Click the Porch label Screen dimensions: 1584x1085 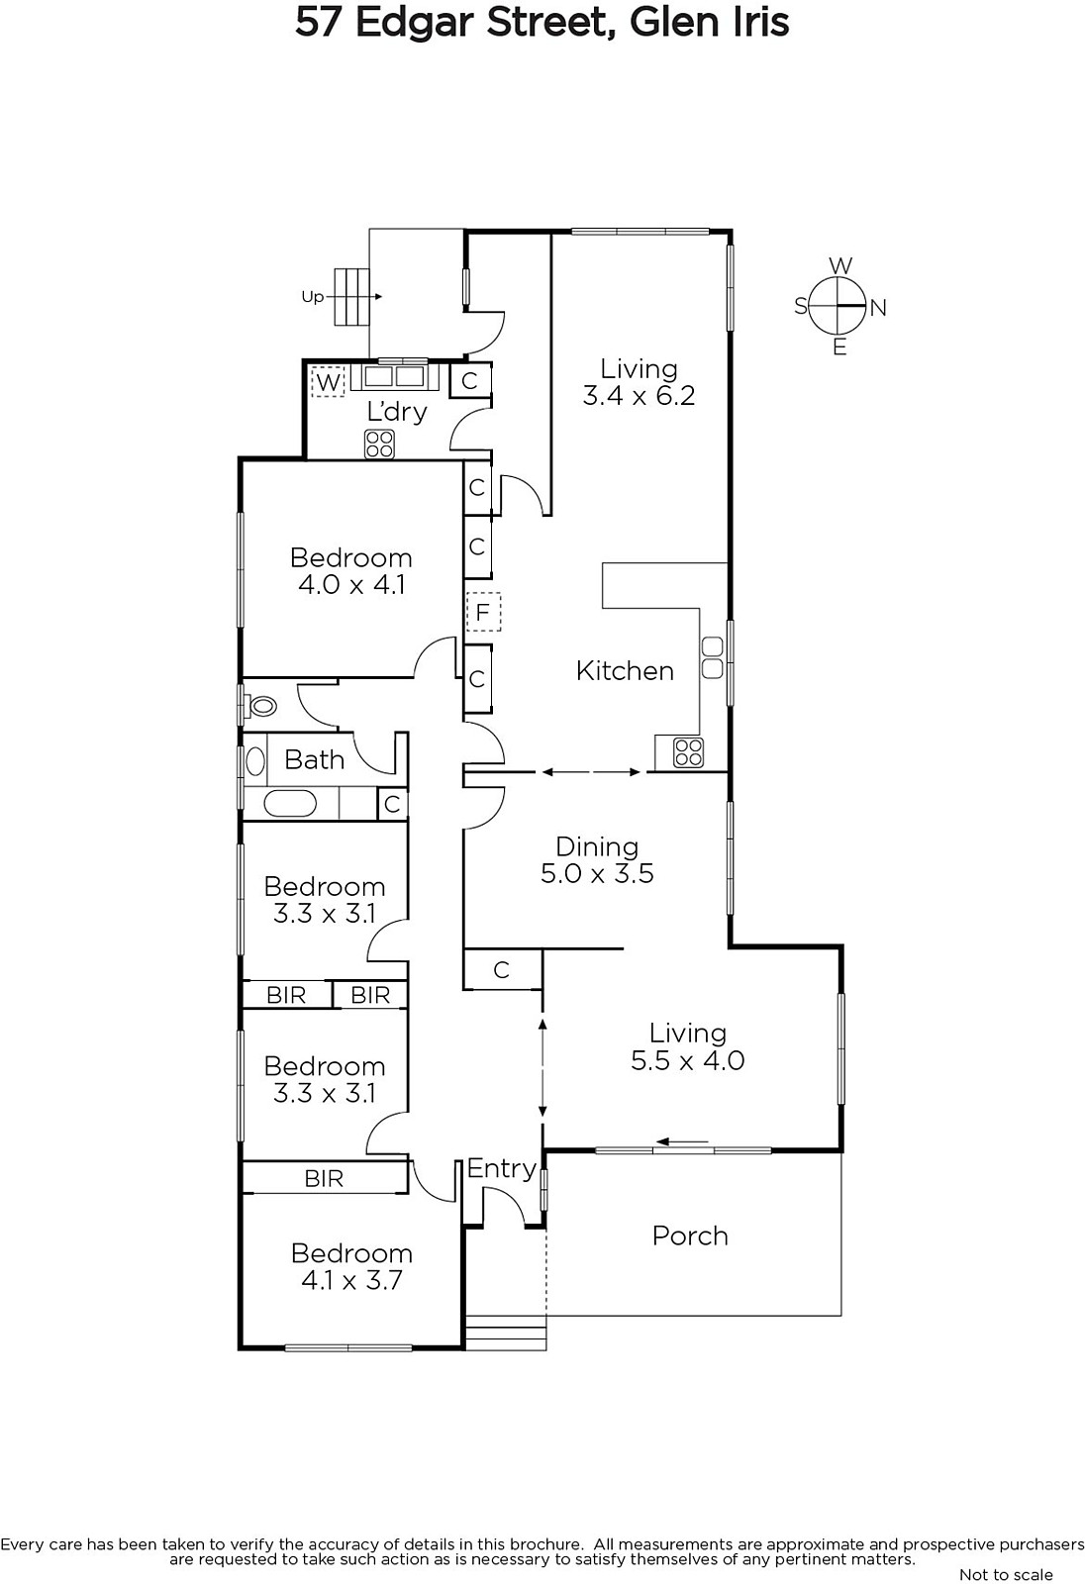(x=690, y=1236)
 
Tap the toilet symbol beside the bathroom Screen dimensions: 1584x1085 (x=261, y=706)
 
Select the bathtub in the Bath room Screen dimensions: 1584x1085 (x=290, y=803)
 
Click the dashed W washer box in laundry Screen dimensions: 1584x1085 (x=328, y=381)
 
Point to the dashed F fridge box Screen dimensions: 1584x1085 (x=483, y=612)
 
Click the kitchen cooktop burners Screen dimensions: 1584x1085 (x=688, y=752)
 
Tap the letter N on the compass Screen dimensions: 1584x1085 (x=878, y=308)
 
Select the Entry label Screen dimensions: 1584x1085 (x=501, y=1168)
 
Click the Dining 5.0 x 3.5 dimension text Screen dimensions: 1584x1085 (x=597, y=873)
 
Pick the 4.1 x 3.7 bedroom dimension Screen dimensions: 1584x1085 (x=351, y=1280)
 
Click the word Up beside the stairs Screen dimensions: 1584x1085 (x=312, y=296)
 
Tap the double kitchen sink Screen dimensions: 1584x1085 (x=712, y=657)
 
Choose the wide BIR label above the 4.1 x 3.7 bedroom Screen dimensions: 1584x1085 (x=324, y=1178)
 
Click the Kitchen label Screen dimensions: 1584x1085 (x=625, y=670)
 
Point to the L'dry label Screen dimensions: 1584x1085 (x=396, y=411)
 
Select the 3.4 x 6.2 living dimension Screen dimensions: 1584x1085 (x=639, y=396)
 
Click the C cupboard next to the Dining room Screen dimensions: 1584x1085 (x=502, y=969)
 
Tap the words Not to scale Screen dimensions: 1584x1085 (x=1006, y=1574)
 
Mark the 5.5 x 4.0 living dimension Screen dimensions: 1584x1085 (x=687, y=1060)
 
